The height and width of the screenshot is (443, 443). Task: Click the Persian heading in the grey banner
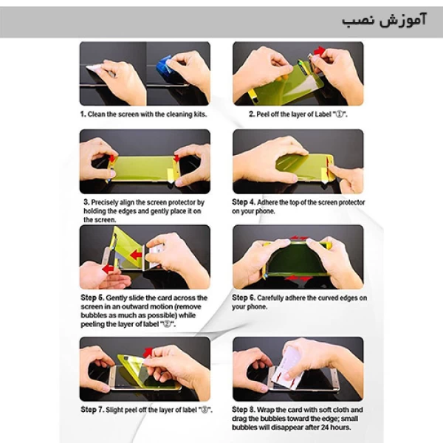coord(384,21)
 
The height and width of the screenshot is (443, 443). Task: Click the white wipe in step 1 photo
coord(95,69)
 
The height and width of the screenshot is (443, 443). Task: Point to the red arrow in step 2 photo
coord(319,52)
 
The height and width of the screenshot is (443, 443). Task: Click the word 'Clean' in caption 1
coord(96,114)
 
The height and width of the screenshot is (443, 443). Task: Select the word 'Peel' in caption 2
coord(263,114)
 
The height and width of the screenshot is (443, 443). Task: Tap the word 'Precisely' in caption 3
coord(105,202)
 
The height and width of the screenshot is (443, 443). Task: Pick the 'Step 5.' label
coord(92,298)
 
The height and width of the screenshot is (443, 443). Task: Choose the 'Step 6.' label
coord(244,298)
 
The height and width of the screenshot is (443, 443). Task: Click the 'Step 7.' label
coord(92,410)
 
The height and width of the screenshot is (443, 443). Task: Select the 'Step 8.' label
coord(244,410)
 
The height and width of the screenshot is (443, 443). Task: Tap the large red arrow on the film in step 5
coord(136,255)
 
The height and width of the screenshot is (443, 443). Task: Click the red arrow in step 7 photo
coord(148,352)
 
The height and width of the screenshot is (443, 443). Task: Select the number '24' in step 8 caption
coord(325,427)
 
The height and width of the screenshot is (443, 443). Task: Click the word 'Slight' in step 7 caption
coord(114,410)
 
